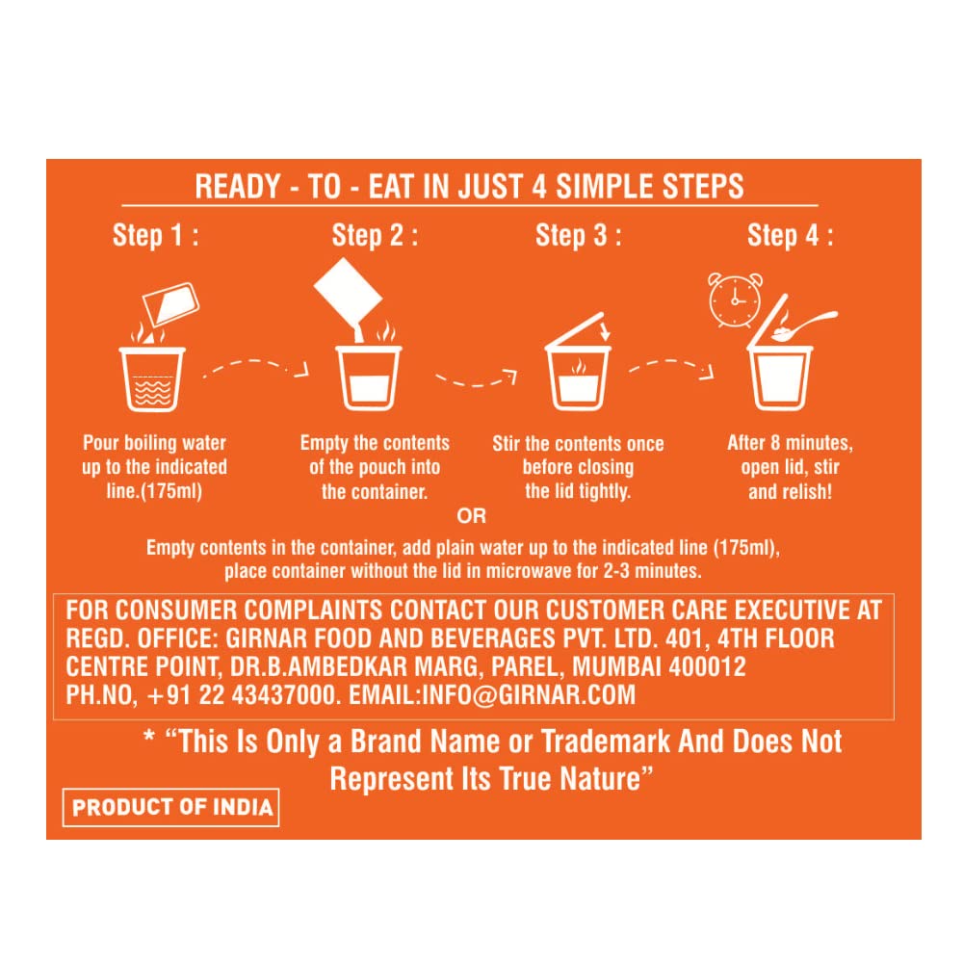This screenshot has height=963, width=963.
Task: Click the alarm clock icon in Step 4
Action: (735, 300)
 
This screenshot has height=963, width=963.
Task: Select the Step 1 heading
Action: (155, 236)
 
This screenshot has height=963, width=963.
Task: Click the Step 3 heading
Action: (578, 236)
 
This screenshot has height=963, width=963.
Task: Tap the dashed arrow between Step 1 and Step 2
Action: (256, 368)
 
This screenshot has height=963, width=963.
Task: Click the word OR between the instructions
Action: (471, 516)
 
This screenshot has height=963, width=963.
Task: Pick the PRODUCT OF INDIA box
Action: (170, 807)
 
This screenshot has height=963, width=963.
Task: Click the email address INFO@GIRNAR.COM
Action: (528, 695)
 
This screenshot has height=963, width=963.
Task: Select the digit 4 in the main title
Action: (539, 187)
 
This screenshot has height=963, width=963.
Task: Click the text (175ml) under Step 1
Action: (171, 491)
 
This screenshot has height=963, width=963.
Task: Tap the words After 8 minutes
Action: (790, 443)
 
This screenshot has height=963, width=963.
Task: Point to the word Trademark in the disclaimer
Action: (606, 742)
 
